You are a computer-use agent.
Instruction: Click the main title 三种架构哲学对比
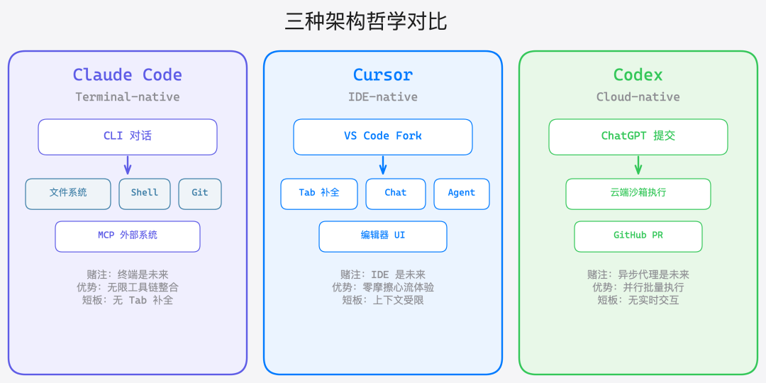366,21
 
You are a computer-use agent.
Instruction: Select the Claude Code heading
128,74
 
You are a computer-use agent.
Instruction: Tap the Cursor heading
383,74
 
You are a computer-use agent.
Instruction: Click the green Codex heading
638,74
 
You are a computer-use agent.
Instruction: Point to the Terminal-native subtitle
128,96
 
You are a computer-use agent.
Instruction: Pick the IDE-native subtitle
383,96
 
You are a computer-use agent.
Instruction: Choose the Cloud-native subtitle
638,96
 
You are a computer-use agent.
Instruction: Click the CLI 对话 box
128,136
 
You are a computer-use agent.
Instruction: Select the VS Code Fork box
383,136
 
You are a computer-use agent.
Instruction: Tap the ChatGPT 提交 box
638,136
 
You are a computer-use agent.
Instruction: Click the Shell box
145,194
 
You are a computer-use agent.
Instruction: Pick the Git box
200,194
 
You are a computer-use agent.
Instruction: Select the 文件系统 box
68,194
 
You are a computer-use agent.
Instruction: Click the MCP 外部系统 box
128,236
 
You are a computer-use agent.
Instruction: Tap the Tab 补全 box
319,194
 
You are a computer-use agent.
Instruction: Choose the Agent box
462,194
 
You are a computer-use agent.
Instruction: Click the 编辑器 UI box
383,236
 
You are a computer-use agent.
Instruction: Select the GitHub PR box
638,236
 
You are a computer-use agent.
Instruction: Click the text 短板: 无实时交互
638,300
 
